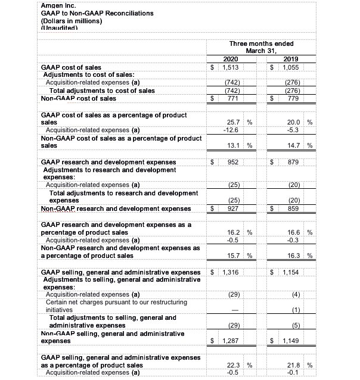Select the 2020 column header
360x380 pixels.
pyautogui.click(x=230, y=59)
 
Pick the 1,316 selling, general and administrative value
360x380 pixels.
pyautogui.click(x=230, y=272)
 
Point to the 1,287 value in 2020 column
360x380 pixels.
pyautogui.click(x=230, y=342)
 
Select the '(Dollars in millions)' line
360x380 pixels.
pyautogui.click(x=72, y=21)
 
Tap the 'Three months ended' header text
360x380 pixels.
pyautogui.click(x=261, y=43)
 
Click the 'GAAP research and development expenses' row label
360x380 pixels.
pyautogui.click(x=108, y=161)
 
